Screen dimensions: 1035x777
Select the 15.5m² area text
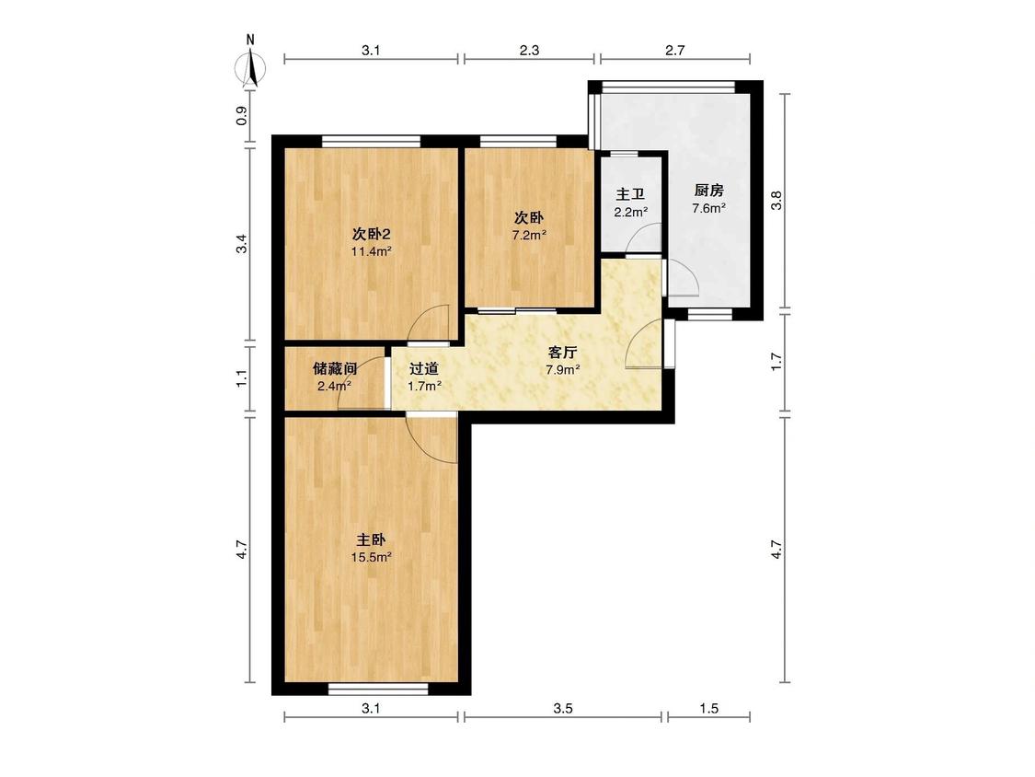[x=371, y=557]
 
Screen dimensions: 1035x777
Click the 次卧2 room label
[x=372, y=235]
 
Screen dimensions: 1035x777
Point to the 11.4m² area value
[x=371, y=251]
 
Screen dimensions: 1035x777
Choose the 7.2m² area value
[x=529, y=235]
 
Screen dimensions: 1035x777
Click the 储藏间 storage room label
[x=335, y=368]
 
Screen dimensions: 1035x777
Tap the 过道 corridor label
[x=424, y=369]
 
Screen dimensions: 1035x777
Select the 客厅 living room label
[x=562, y=353]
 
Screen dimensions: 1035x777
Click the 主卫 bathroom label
[x=630, y=195]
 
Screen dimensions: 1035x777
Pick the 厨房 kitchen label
[x=709, y=191]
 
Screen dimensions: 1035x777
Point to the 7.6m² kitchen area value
[x=709, y=208]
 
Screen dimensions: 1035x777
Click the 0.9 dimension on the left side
[x=243, y=116]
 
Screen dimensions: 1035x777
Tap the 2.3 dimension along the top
[x=529, y=50]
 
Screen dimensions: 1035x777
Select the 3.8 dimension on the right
[x=776, y=200]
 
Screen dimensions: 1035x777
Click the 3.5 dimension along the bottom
[x=562, y=708]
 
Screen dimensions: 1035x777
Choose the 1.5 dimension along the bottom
[x=709, y=708]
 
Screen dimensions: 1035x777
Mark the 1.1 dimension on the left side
[x=243, y=378]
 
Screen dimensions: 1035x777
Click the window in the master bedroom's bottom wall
[x=379, y=690]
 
